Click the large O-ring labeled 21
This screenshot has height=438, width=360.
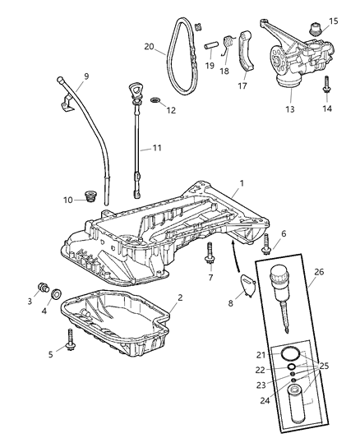[287, 354]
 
